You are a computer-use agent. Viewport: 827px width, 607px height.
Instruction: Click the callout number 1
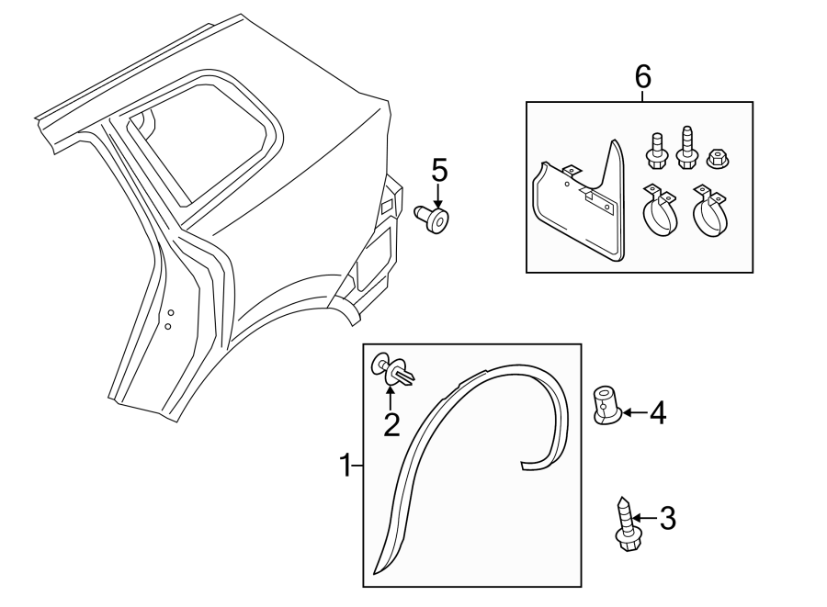pos(346,466)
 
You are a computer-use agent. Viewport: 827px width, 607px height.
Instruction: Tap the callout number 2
pos(392,424)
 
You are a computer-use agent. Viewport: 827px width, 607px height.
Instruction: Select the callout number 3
pos(667,519)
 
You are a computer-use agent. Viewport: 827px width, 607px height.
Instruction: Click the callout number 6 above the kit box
pos(642,77)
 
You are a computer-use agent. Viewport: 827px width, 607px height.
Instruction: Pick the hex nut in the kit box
pos(718,158)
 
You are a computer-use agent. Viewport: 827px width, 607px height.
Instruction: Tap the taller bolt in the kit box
pos(685,147)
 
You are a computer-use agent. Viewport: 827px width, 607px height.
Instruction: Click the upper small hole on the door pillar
pos(170,313)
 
